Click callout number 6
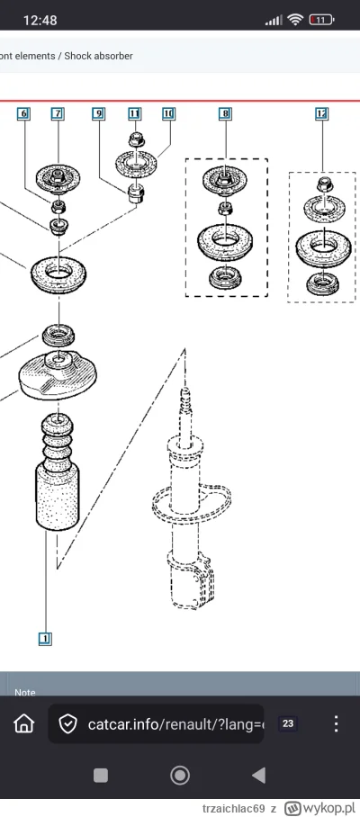pos(24,113)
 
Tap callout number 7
pos(58,113)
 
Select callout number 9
pos(98,113)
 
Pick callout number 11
pos(135,113)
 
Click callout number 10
pos(168,113)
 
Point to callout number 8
pos(225,113)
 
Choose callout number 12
pos(322,113)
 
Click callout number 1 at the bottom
pos(45,638)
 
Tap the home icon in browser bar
pos(24,723)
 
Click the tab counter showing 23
pos(288,723)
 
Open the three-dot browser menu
pos(336,723)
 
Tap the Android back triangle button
pos(259,776)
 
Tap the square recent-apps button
pos(101,776)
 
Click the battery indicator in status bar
pos(321,21)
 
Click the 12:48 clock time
pos(40,21)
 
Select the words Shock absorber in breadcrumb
pos(98,56)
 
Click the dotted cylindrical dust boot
pos(58,497)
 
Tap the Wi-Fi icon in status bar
pos(295,20)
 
